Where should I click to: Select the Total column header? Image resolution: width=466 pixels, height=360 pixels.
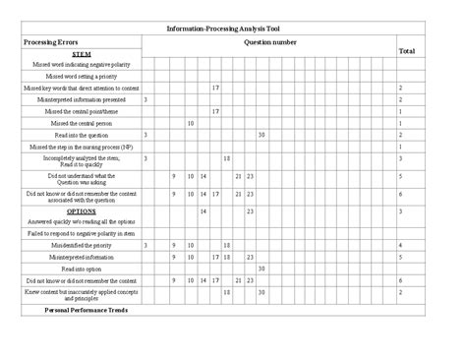tap(406, 49)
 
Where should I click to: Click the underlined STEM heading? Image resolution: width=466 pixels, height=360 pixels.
tap(82, 54)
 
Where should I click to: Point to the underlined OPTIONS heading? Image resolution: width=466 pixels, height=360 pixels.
tap(82, 210)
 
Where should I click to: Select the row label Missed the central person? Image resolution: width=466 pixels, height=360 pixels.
tap(82, 123)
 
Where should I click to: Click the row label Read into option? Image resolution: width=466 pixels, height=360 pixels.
tap(82, 269)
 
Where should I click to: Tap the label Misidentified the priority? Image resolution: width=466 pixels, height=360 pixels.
tap(82, 245)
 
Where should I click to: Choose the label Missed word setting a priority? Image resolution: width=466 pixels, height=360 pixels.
tap(82, 76)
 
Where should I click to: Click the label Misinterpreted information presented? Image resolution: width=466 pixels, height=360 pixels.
tap(82, 99)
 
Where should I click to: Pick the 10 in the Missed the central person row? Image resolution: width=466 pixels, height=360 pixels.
tap(190, 123)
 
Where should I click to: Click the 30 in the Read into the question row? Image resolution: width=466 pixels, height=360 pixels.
tap(262, 135)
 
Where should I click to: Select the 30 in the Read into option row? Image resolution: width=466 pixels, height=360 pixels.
tap(262, 269)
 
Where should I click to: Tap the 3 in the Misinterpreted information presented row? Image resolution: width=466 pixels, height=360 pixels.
tap(146, 99)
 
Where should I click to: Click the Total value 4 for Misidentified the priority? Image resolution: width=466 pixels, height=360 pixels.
tap(401, 245)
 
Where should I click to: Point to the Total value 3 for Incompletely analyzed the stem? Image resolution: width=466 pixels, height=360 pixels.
tap(401, 158)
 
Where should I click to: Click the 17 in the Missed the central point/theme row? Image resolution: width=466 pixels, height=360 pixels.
tap(214, 111)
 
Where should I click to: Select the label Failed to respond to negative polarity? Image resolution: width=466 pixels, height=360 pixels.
tap(82, 234)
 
